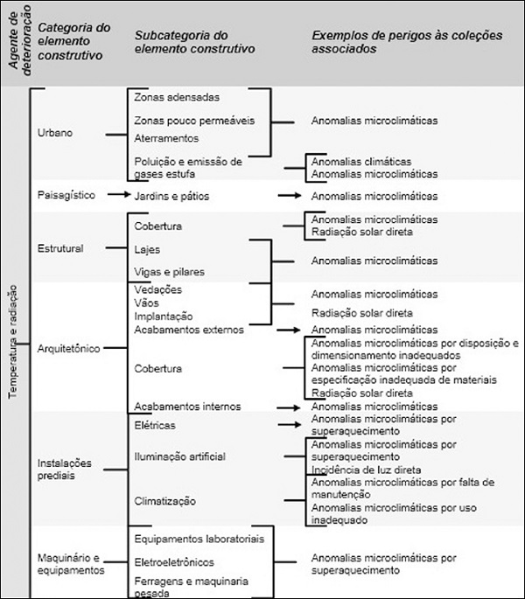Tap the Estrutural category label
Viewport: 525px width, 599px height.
point(60,248)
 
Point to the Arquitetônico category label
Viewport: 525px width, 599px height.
point(69,348)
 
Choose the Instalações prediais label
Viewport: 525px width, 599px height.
point(64,470)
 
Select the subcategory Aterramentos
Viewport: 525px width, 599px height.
point(166,138)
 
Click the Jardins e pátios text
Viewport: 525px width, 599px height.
point(172,196)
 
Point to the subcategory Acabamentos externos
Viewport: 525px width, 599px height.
point(188,330)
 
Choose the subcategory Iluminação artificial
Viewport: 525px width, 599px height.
point(179,456)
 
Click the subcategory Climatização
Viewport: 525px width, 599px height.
point(165,501)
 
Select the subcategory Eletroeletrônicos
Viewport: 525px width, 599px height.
point(174,561)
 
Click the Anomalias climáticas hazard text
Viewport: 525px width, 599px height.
point(361,162)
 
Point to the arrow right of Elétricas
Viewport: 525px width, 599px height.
point(289,425)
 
